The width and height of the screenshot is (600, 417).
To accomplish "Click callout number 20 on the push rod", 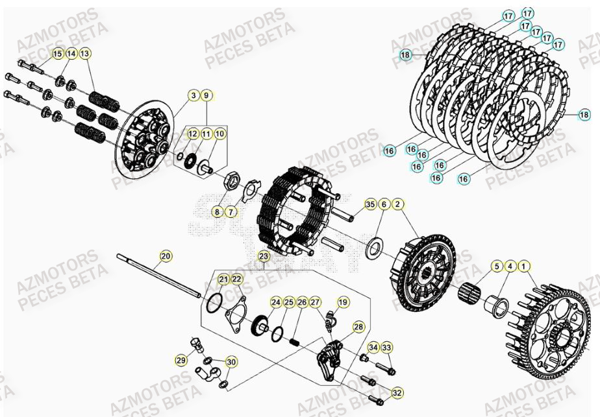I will tap(166, 256).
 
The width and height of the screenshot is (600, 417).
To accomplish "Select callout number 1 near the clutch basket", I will tap(525, 266).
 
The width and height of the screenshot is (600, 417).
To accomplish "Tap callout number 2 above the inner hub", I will tap(398, 204).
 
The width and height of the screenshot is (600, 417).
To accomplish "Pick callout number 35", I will tap(369, 204).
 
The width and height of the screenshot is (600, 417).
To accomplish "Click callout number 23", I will tap(263, 256).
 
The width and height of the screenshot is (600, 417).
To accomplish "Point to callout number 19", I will tap(343, 302).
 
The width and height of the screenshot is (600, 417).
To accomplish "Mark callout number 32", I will tap(397, 392).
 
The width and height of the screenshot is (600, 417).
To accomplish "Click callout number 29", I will tap(182, 359).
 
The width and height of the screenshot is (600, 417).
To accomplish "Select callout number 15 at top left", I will tap(57, 53).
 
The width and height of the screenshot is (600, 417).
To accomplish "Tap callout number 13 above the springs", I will tap(86, 53).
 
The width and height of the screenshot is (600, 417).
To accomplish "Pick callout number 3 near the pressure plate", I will tap(194, 95).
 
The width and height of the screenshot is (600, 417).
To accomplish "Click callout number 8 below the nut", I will tap(217, 211).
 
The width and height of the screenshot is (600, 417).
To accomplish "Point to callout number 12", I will tap(193, 134).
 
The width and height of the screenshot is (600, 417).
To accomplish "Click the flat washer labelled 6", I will tap(375, 248).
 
